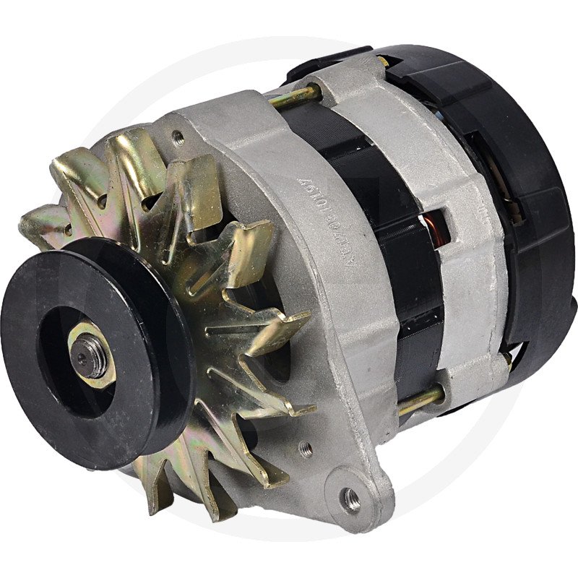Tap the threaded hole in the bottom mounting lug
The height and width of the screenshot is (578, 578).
click(352, 498)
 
